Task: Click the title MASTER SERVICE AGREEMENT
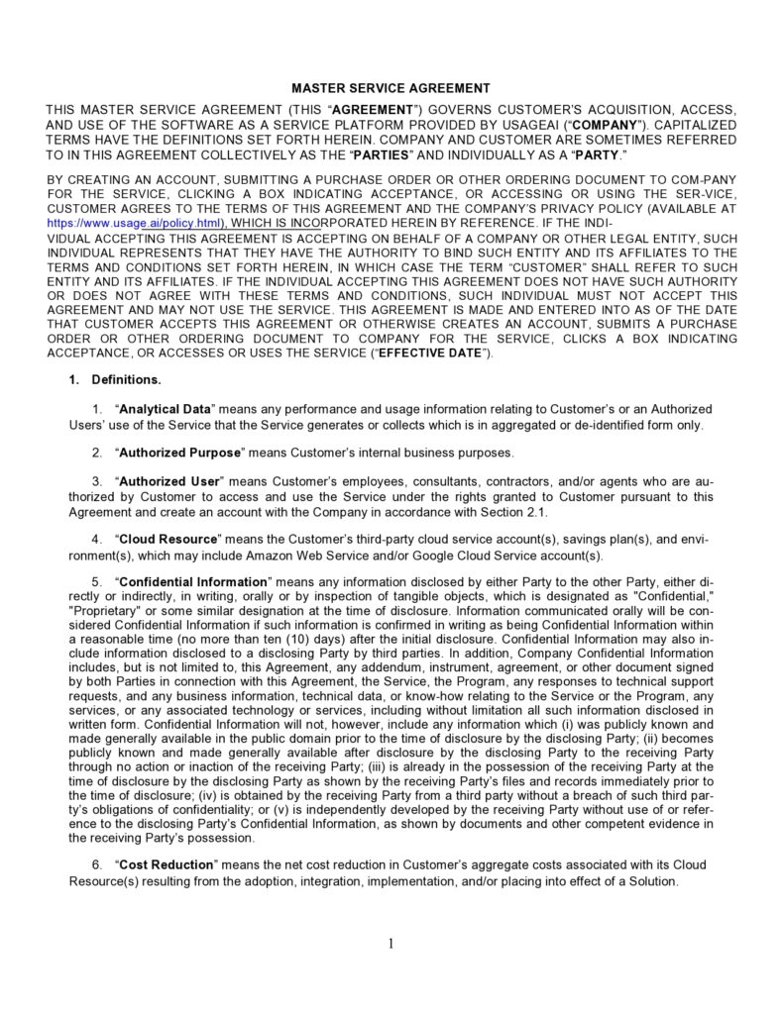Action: (x=391, y=88)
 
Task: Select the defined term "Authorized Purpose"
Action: (x=180, y=453)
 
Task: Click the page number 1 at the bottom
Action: (x=391, y=943)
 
